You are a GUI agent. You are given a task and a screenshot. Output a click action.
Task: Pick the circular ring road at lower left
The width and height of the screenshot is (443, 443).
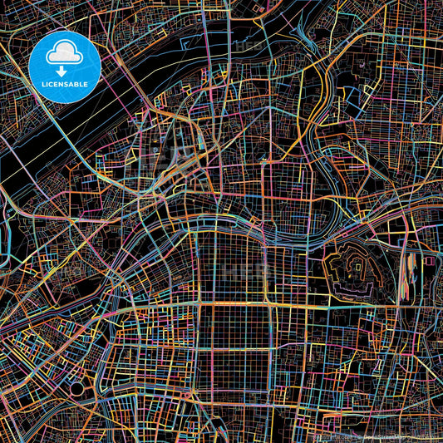pyautogui.click(x=77, y=388)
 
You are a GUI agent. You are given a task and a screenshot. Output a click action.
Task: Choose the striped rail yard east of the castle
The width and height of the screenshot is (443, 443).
pyautogui.click(x=408, y=274)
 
